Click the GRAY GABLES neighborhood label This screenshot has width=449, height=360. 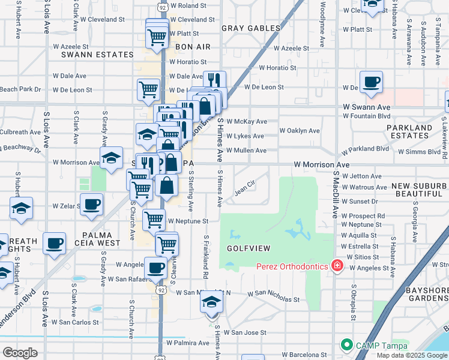251,28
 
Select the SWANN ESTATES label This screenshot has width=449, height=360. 97,55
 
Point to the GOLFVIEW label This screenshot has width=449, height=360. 249,248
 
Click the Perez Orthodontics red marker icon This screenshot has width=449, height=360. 338,266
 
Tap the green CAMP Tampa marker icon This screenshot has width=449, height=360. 346,345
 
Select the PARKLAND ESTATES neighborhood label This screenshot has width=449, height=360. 409,132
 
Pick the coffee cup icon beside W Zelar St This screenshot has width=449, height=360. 91,204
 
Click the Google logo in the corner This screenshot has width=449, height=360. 20,353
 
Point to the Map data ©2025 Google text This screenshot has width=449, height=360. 411,355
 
